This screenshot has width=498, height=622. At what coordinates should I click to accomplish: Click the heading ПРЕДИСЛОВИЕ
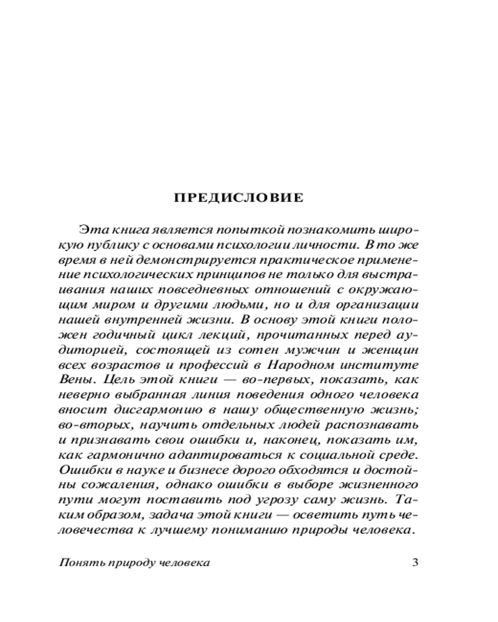pyautogui.click(x=238, y=198)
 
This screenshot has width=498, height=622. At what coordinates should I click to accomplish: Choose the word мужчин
pyautogui.click(x=323, y=350)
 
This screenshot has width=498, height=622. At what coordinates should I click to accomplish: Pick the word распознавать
pyautogui.click(x=377, y=425)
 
